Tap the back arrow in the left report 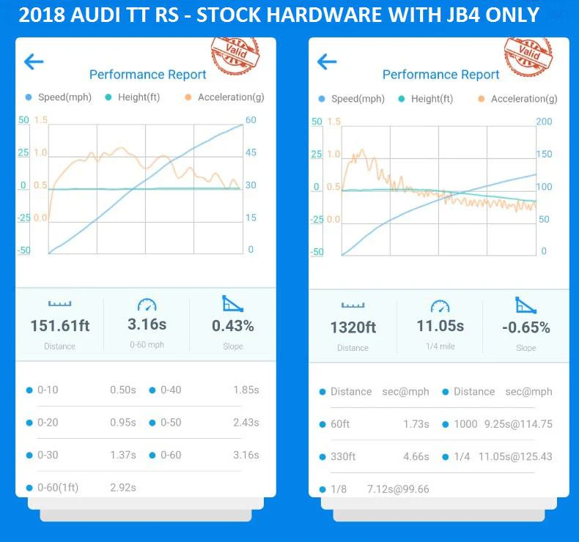34,62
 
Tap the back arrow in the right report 327,62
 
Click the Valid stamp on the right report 528,52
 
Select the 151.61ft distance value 60,326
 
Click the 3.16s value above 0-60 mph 147,324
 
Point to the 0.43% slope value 233,326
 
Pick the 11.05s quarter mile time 440,326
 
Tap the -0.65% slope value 526,327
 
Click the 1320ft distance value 353,327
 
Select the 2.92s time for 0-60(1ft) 122,487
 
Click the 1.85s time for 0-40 246,390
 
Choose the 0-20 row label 48,423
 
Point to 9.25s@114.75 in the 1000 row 518,424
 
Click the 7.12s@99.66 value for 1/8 398,489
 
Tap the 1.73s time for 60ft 416,424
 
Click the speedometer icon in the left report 147,304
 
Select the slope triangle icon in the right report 526,305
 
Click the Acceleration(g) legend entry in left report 230,97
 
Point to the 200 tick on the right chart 545,122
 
